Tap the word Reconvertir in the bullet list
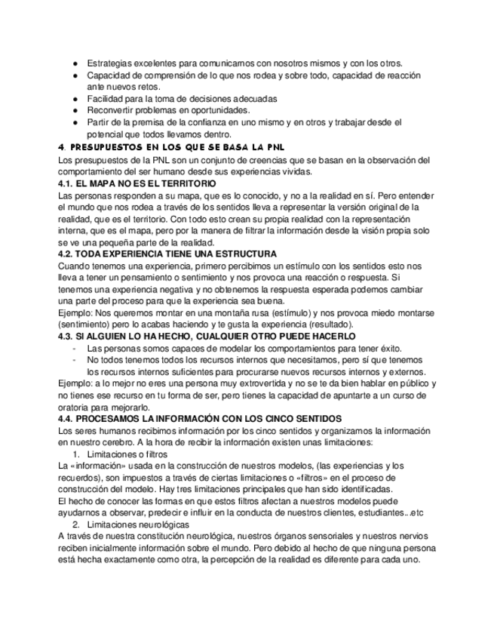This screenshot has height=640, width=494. [x=112, y=111]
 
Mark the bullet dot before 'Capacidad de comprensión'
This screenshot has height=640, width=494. [x=76, y=75]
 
